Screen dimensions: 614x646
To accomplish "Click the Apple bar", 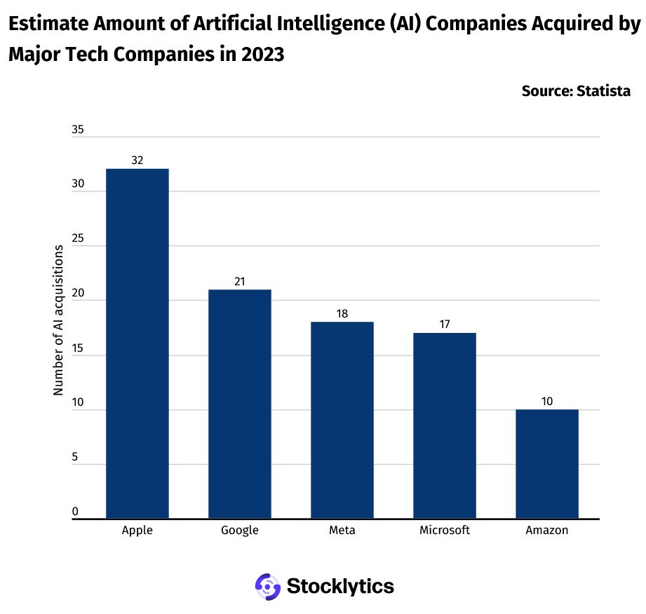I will [137, 343].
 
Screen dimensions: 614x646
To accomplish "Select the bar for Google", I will [239, 404].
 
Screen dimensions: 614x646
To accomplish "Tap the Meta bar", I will [342, 420].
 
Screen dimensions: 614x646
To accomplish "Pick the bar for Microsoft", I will [445, 425].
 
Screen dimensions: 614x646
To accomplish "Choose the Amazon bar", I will [547, 464].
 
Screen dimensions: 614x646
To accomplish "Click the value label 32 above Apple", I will [137, 161].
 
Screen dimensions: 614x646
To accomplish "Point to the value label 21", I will [239, 281].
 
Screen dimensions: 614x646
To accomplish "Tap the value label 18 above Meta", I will [342, 313].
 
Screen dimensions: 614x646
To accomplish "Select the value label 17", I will [445, 325].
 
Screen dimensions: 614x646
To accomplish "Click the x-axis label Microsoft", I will [445, 531].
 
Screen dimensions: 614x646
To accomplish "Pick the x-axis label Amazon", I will [547, 531].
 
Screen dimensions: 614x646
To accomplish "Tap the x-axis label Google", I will [239, 531].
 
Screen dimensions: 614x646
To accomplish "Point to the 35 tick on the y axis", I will [78, 130].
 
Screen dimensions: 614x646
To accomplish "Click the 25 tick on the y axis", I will [78, 240].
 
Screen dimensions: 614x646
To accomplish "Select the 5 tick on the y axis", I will [74, 458].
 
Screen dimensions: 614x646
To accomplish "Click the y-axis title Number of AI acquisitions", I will [59, 321].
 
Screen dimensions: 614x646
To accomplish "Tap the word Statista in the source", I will [603, 91].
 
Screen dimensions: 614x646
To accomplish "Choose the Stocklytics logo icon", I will [267, 586].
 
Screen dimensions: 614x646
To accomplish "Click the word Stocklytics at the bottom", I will [340, 586].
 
